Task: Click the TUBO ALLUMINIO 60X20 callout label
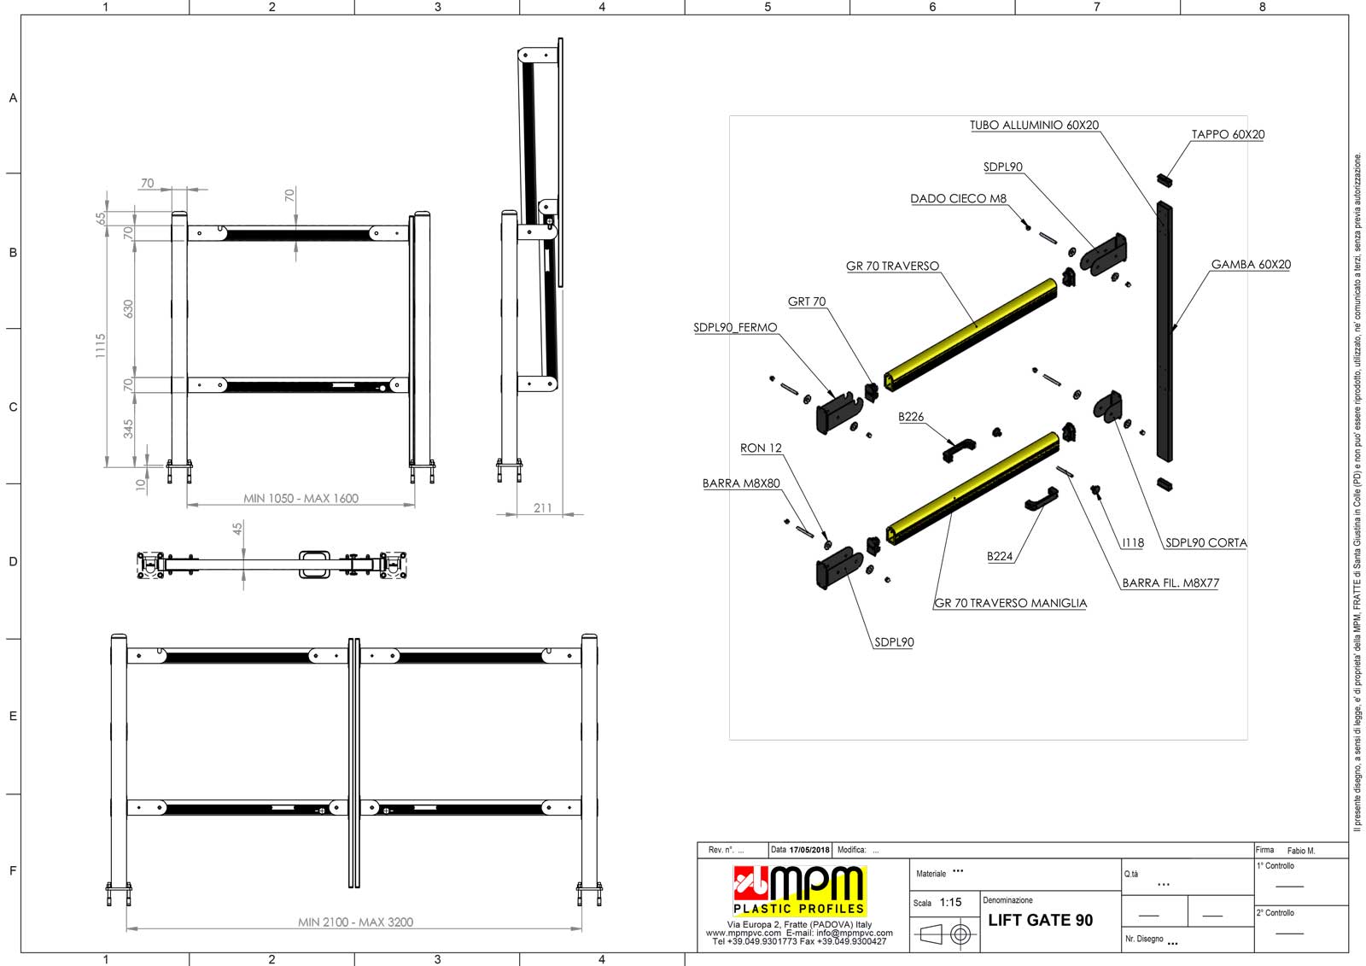pyautogui.click(x=1034, y=125)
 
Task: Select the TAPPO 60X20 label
pyautogui.click(x=1229, y=134)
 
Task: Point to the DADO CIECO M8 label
pyautogui.click(x=958, y=198)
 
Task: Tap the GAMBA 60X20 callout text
pyautogui.click(x=1251, y=264)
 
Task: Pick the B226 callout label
pyautogui.click(x=911, y=417)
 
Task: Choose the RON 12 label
pyautogui.click(x=761, y=448)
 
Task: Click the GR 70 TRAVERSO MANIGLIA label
pyautogui.click(x=1011, y=603)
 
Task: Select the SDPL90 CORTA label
pyautogui.click(x=1206, y=542)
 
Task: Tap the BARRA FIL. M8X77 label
pyautogui.click(x=1170, y=583)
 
